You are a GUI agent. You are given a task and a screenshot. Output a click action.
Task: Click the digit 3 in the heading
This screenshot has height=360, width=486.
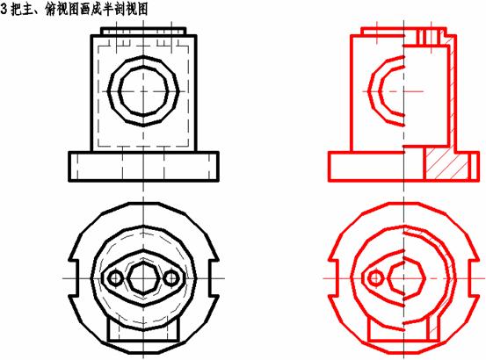(4, 10)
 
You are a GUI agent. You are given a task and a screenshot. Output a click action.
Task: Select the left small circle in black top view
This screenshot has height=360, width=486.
(115, 278)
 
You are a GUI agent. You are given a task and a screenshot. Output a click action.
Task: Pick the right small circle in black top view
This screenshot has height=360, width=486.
(171, 278)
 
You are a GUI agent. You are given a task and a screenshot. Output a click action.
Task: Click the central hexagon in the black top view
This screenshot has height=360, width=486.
(143, 277)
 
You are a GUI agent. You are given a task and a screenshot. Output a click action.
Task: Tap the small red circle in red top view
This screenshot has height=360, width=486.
(375, 278)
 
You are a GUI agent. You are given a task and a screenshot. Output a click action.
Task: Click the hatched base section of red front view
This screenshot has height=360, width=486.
(446, 163)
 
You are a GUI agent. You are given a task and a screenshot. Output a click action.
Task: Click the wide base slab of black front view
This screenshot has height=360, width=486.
(143, 166)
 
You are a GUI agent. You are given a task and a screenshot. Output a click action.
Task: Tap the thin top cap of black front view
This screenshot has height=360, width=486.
(143, 32)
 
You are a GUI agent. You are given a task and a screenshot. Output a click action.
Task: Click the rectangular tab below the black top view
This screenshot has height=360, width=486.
(143, 330)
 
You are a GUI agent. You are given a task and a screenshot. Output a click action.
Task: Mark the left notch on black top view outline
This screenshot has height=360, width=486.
(73, 278)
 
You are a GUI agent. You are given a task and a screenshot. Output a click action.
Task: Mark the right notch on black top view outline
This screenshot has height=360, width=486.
(214, 278)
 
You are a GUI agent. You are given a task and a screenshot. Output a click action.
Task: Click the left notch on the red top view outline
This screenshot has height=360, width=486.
(333, 278)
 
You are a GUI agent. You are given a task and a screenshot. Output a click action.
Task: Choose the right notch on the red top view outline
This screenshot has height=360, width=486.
(475, 278)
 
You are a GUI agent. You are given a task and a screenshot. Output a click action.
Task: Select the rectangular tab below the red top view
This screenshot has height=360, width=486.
(403, 330)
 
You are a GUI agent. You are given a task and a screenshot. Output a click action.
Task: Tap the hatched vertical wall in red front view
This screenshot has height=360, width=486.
(453, 93)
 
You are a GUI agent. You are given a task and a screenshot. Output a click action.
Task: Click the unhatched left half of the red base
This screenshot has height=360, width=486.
(366, 166)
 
